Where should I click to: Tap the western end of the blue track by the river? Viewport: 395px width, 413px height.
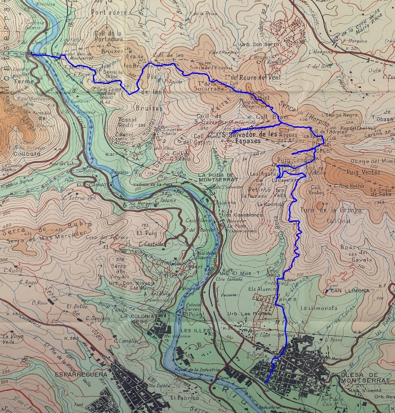[x=31, y=54]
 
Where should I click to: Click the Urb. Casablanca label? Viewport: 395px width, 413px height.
[x=242, y=216]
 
